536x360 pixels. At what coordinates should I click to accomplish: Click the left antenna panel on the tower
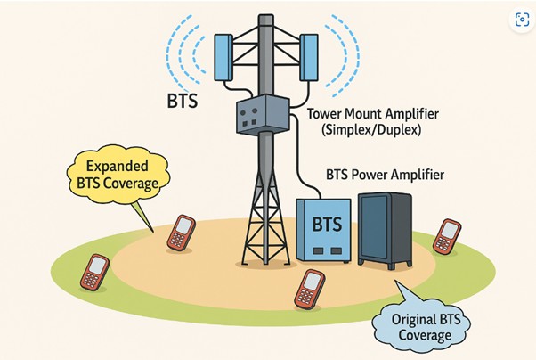tap(223, 58)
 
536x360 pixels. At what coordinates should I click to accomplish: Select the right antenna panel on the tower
tap(308, 58)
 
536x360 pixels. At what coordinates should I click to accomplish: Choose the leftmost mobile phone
tap(95, 272)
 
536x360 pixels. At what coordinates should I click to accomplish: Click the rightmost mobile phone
tap(446, 236)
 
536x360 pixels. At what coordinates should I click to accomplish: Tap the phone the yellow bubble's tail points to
tap(181, 233)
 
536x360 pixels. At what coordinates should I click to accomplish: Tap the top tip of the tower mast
tap(264, 16)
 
